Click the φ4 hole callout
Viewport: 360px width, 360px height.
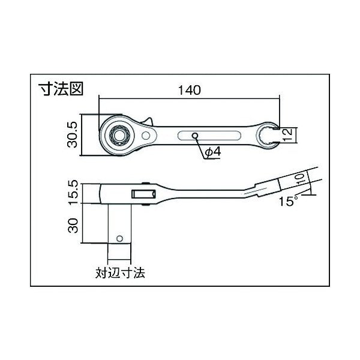pyautogui.click(x=213, y=153)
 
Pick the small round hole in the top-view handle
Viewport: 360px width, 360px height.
pyautogui.click(x=195, y=136)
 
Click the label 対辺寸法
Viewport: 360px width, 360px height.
pyautogui.click(x=121, y=272)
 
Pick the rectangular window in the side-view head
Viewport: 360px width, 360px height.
pyautogui.click(x=143, y=193)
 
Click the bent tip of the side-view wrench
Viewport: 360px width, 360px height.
pyautogui.click(x=267, y=187)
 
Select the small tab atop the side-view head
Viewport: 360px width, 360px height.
pyautogui.click(x=146, y=180)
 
